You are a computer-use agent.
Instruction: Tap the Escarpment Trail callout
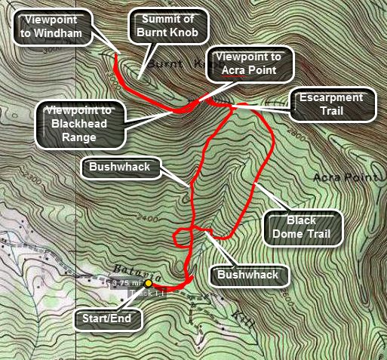tap(332, 104)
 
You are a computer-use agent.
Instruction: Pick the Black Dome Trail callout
tap(301, 228)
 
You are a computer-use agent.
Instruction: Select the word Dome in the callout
tap(301, 235)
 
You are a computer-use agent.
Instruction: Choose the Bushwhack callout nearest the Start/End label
tap(248, 275)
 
